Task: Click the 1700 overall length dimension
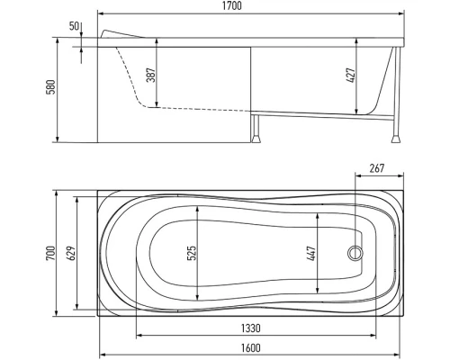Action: pyautogui.click(x=232, y=6)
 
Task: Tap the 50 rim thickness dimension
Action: pyautogui.click(x=75, y=26)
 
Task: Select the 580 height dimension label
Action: pyautogui.click(x=50, y=87)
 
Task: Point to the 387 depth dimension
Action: pyautogui.click(x=150, y=75)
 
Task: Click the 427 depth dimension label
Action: pyautogui.click(x=350, y=76)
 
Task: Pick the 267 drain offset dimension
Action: pyautogui.click(x=376, y=168)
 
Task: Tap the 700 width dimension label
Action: pyautogui.click(x=50, y=253)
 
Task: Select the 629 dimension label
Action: pyautogui.click(x=71, y=253)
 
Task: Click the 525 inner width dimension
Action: pyautogui.click(x=192, y=253)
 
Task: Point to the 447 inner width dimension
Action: pyautogui.click(x=311, y=253)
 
